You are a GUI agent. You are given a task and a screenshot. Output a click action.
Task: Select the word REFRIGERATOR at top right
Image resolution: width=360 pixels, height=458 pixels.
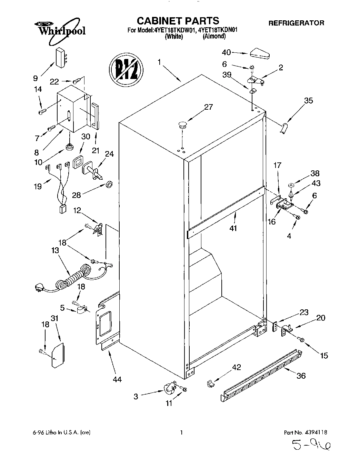click(x=296, y=23)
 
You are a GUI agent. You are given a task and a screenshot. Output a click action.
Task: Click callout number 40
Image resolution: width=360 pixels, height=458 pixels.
click(x=226, y=52)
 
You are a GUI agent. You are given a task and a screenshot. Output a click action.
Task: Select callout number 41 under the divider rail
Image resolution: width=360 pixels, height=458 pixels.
click(x=233, y=228)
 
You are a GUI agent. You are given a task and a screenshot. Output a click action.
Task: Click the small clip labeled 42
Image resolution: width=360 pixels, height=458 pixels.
click(x=210, y=383)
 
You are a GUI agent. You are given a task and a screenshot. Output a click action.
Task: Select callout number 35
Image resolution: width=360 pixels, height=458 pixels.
click(x=308, y=100)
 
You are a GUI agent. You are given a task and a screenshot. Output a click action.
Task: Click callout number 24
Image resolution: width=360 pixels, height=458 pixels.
click(x=109, y=154)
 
